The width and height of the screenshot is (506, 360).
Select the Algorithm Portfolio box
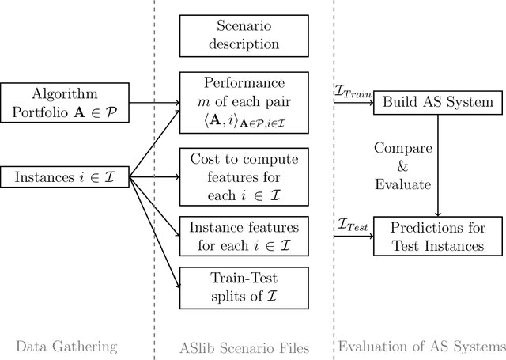[x=64, y=101]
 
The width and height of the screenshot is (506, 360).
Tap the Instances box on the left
[x=64, y=176]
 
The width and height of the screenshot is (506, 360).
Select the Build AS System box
[x=438, y=101]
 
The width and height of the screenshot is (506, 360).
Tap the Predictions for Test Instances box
[x=438, y=236]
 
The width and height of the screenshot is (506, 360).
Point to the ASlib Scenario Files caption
[x=244, y=346]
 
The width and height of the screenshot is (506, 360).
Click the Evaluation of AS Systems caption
[x=421, y=346]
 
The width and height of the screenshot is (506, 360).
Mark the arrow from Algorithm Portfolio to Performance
[x=153, y=101]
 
